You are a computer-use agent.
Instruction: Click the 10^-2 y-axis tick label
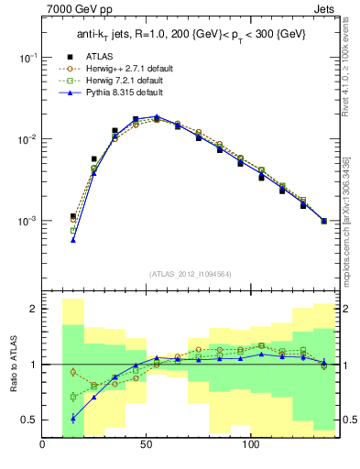click(x=27, y=139)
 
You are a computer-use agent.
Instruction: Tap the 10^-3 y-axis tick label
click(x=27, y=222)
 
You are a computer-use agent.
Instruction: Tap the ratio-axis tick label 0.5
click(x=29, y=420)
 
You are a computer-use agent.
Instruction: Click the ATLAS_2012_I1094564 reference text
click(x=189, y=274)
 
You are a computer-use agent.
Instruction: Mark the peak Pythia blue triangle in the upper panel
click(x=157, y=116)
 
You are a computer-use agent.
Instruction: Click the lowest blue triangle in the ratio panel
click(x=72, y=418)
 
